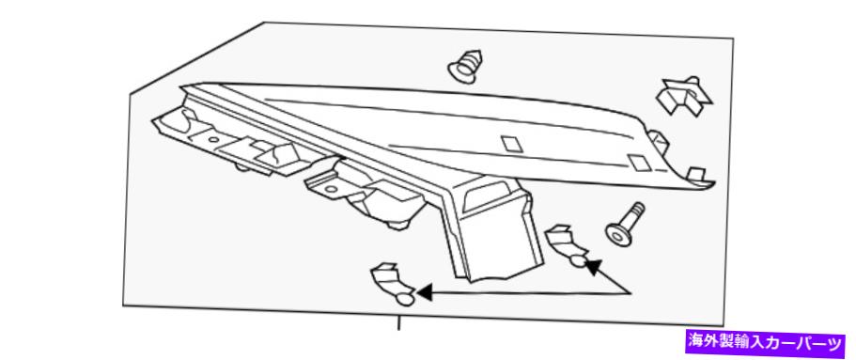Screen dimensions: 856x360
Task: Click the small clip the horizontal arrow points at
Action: click(392, 284)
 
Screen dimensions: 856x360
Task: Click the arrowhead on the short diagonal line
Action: click(594, 267)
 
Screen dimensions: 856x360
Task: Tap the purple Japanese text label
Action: click(765, 343)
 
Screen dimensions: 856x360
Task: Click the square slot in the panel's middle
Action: click(512, 144)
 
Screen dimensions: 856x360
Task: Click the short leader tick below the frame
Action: click(399, 323)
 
